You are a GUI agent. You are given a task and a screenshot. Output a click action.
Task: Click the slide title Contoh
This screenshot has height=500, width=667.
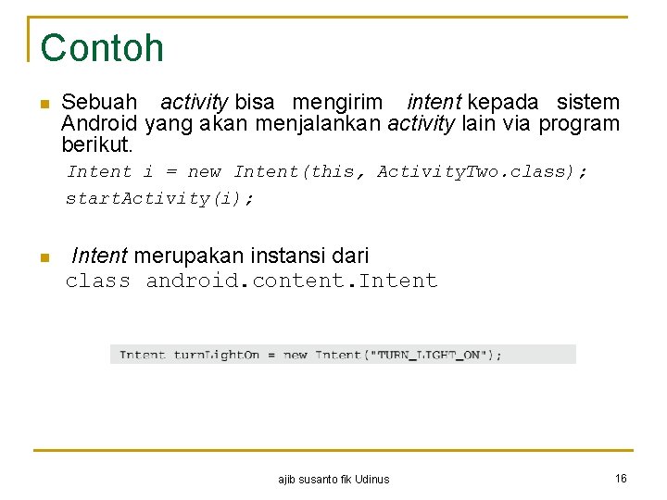[x=102, y=48]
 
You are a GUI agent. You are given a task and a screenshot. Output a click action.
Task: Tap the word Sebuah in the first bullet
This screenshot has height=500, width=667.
[x=99, y=102]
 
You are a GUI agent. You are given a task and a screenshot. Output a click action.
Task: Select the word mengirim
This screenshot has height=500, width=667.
[x=337, y=102]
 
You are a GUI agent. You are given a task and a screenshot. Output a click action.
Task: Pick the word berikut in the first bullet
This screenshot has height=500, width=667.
[x=95, y=145]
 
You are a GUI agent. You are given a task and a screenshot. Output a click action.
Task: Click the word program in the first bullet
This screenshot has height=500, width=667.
[x=579, y=124]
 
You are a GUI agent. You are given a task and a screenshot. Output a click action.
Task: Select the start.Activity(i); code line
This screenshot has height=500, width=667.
[x=159, y=198]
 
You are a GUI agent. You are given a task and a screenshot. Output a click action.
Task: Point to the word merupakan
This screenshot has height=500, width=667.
[x=185, y=256]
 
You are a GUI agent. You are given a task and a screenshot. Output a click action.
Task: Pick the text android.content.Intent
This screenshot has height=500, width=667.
[x=292, y=281]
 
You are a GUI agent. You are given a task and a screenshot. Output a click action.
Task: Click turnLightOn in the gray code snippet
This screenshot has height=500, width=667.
[x=217, y=355]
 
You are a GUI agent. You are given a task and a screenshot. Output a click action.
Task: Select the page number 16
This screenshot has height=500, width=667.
[x=621, y=478]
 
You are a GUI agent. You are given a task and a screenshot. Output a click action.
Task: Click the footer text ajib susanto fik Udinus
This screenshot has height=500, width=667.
[x=333, y=479]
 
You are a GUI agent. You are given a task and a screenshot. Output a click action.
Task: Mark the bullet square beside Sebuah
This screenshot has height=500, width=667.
[x=42, y=105]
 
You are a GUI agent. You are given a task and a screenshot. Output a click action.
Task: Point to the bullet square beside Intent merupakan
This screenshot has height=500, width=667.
[x=42, y=258]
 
